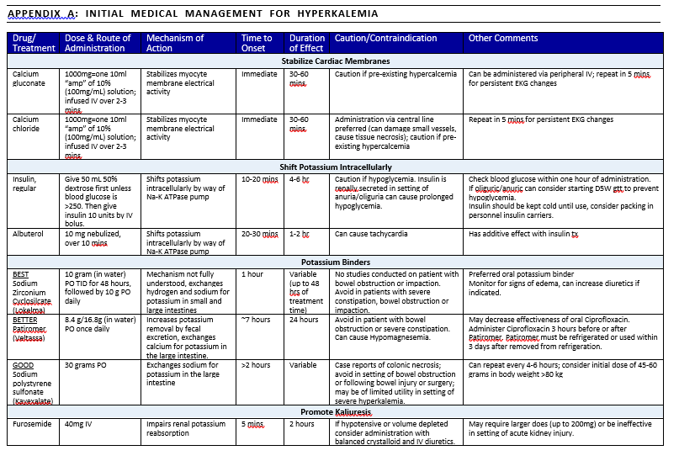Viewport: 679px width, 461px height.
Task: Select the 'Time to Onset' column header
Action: (257, 43)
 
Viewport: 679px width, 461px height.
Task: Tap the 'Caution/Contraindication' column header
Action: (386, 38)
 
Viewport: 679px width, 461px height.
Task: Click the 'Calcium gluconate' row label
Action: (26, 79)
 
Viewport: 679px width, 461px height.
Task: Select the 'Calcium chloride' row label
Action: (26, 125)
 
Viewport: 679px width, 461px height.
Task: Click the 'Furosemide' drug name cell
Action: (31, 424)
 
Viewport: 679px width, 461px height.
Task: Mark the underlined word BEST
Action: (21, 274)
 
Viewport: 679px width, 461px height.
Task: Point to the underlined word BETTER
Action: (26, 321)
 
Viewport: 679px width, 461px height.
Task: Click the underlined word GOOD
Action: (22, 365)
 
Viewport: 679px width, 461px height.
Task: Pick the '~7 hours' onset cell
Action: (257, 321)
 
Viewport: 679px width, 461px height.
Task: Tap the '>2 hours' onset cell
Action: (257, 365)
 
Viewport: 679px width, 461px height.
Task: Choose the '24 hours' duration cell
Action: (303, 321)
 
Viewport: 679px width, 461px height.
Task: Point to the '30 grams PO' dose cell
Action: (87, 365)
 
